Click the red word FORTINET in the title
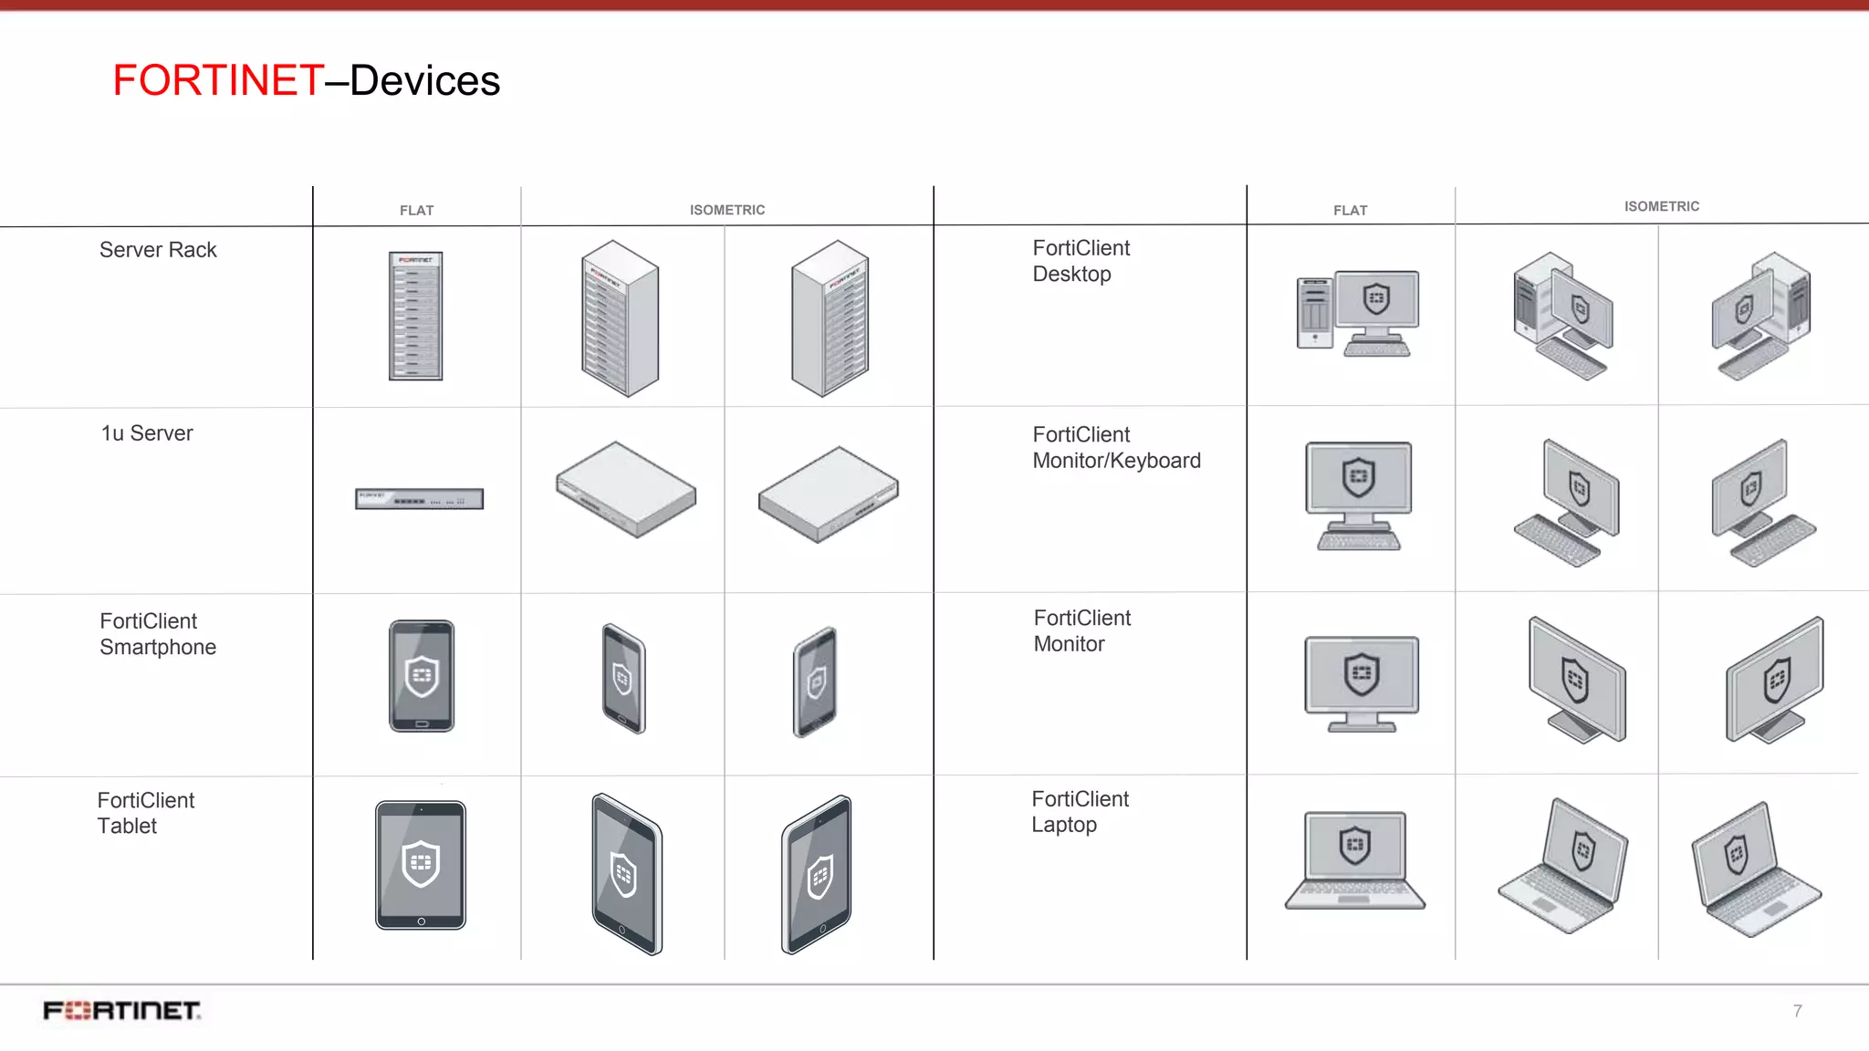[218, 80]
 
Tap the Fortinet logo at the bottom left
[122, 1011]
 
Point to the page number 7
[1797, 1011]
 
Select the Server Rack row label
[158, 250]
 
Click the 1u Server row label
[147, 433]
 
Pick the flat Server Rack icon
[416, 316]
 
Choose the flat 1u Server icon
[419, 499]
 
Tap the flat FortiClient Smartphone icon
[422, 676]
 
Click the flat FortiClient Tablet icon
[421, 865]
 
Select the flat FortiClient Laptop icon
[1355, 860]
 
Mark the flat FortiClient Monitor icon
[1362, 683]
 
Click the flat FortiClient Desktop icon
[1358, 313]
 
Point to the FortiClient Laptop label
[1080, 812]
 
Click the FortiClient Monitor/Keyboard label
[1116, 448]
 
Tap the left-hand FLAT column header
[417, 211]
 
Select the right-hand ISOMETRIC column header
[1661, 207]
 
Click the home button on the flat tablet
[421, 921]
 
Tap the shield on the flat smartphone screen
[422, 676]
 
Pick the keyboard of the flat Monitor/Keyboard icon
[1359, 542]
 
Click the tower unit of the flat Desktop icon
[1315, 313]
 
